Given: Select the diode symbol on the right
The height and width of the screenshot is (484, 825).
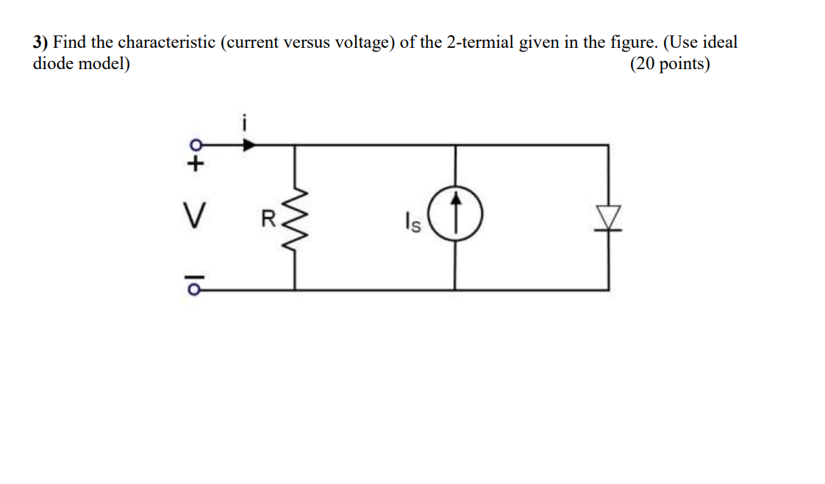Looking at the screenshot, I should pyautogui.click(x=607, y=218).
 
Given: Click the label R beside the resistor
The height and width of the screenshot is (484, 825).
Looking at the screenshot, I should pyautogui.click(x=268, y=218).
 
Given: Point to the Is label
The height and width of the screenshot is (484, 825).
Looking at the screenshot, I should pyautogui.click(x=412, y=223).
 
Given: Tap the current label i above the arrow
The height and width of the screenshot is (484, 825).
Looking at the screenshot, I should pyautogui.click(x=246, y=122).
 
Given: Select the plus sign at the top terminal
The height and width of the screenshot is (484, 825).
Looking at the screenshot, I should pyautogui.click(x=195, y=163).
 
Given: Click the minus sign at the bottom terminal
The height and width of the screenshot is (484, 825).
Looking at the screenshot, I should pyautogui.click(x=195, y=275).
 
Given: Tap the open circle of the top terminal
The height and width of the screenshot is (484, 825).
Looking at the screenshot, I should pyautogui.click(x=195, y=144).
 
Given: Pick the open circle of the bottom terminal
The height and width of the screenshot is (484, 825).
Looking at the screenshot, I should pyautogui.click(x=195, y=289).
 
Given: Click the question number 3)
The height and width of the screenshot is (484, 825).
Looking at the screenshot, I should pyautogui.click(x=40, y=43).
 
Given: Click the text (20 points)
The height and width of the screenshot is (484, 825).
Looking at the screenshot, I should pyautogui.click(x=670, y=64).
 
